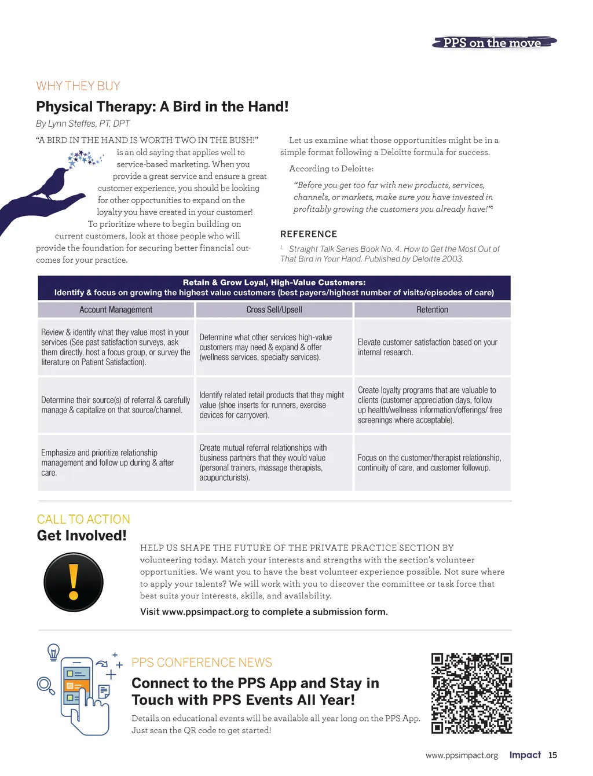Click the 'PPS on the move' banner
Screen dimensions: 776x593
pyautogui.click(x=493, y=43)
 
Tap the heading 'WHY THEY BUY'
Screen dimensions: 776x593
pyautogui.click(x=78, y=86)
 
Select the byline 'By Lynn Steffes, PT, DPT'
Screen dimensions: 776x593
pyautogui.click(x=83, y=123)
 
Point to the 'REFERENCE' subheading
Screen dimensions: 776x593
pyautogui.click(x=309, y=234)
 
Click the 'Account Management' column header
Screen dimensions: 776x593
pyautogui.click(x=116, y=310)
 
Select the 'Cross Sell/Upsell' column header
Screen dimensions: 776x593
pyautogui.click(x=274, y=310)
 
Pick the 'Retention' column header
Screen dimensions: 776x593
pyautogui.click(x=432, y=310)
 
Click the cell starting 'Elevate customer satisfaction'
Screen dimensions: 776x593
pyautogui.click(x=432, y=347)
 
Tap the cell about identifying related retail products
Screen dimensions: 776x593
pyautogui.click(x=274, y=405)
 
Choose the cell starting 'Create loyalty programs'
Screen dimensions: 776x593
pyautogui.click(x=432, y=405)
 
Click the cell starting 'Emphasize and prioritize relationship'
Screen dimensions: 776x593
pyautogui.click(x=116, y=462)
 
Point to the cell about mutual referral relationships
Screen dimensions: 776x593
pyautogui.click(x=274, y=462)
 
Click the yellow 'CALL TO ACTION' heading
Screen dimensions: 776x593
pyautogui.click(x=83, y=519)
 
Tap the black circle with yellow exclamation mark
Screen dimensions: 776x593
pyautogui.click(x=74, y=582)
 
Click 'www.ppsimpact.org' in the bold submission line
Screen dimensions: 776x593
pyautogui.click(x=205, y=612)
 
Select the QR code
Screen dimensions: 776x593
pyautogui.click(x=471, y=693)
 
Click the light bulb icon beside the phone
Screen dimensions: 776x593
pyautogui.click(x=53, y=652)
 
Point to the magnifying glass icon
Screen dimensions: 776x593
pyautogui.click(x=45, y=685)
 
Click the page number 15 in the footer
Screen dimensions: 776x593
pyautogui.click(x=552, y=755)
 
